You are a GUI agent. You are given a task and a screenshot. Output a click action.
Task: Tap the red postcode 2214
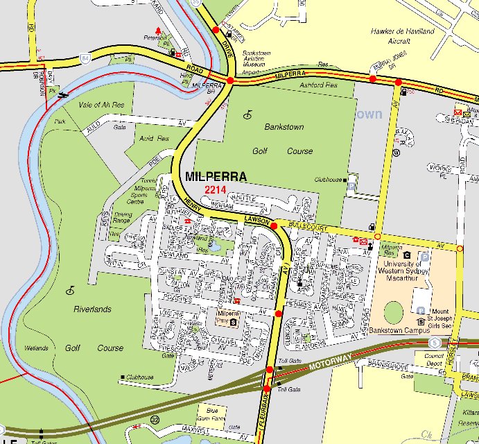point(216,189)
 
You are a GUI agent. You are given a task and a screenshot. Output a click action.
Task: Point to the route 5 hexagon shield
point(434,343)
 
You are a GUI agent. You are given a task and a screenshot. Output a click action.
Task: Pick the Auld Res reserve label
point(154,139)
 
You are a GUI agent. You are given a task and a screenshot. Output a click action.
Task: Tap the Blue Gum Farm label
point(212,414)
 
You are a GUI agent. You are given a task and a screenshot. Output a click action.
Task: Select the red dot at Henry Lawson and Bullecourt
point(274,226)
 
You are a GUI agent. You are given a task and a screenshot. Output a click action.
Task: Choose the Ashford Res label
point(320,85)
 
